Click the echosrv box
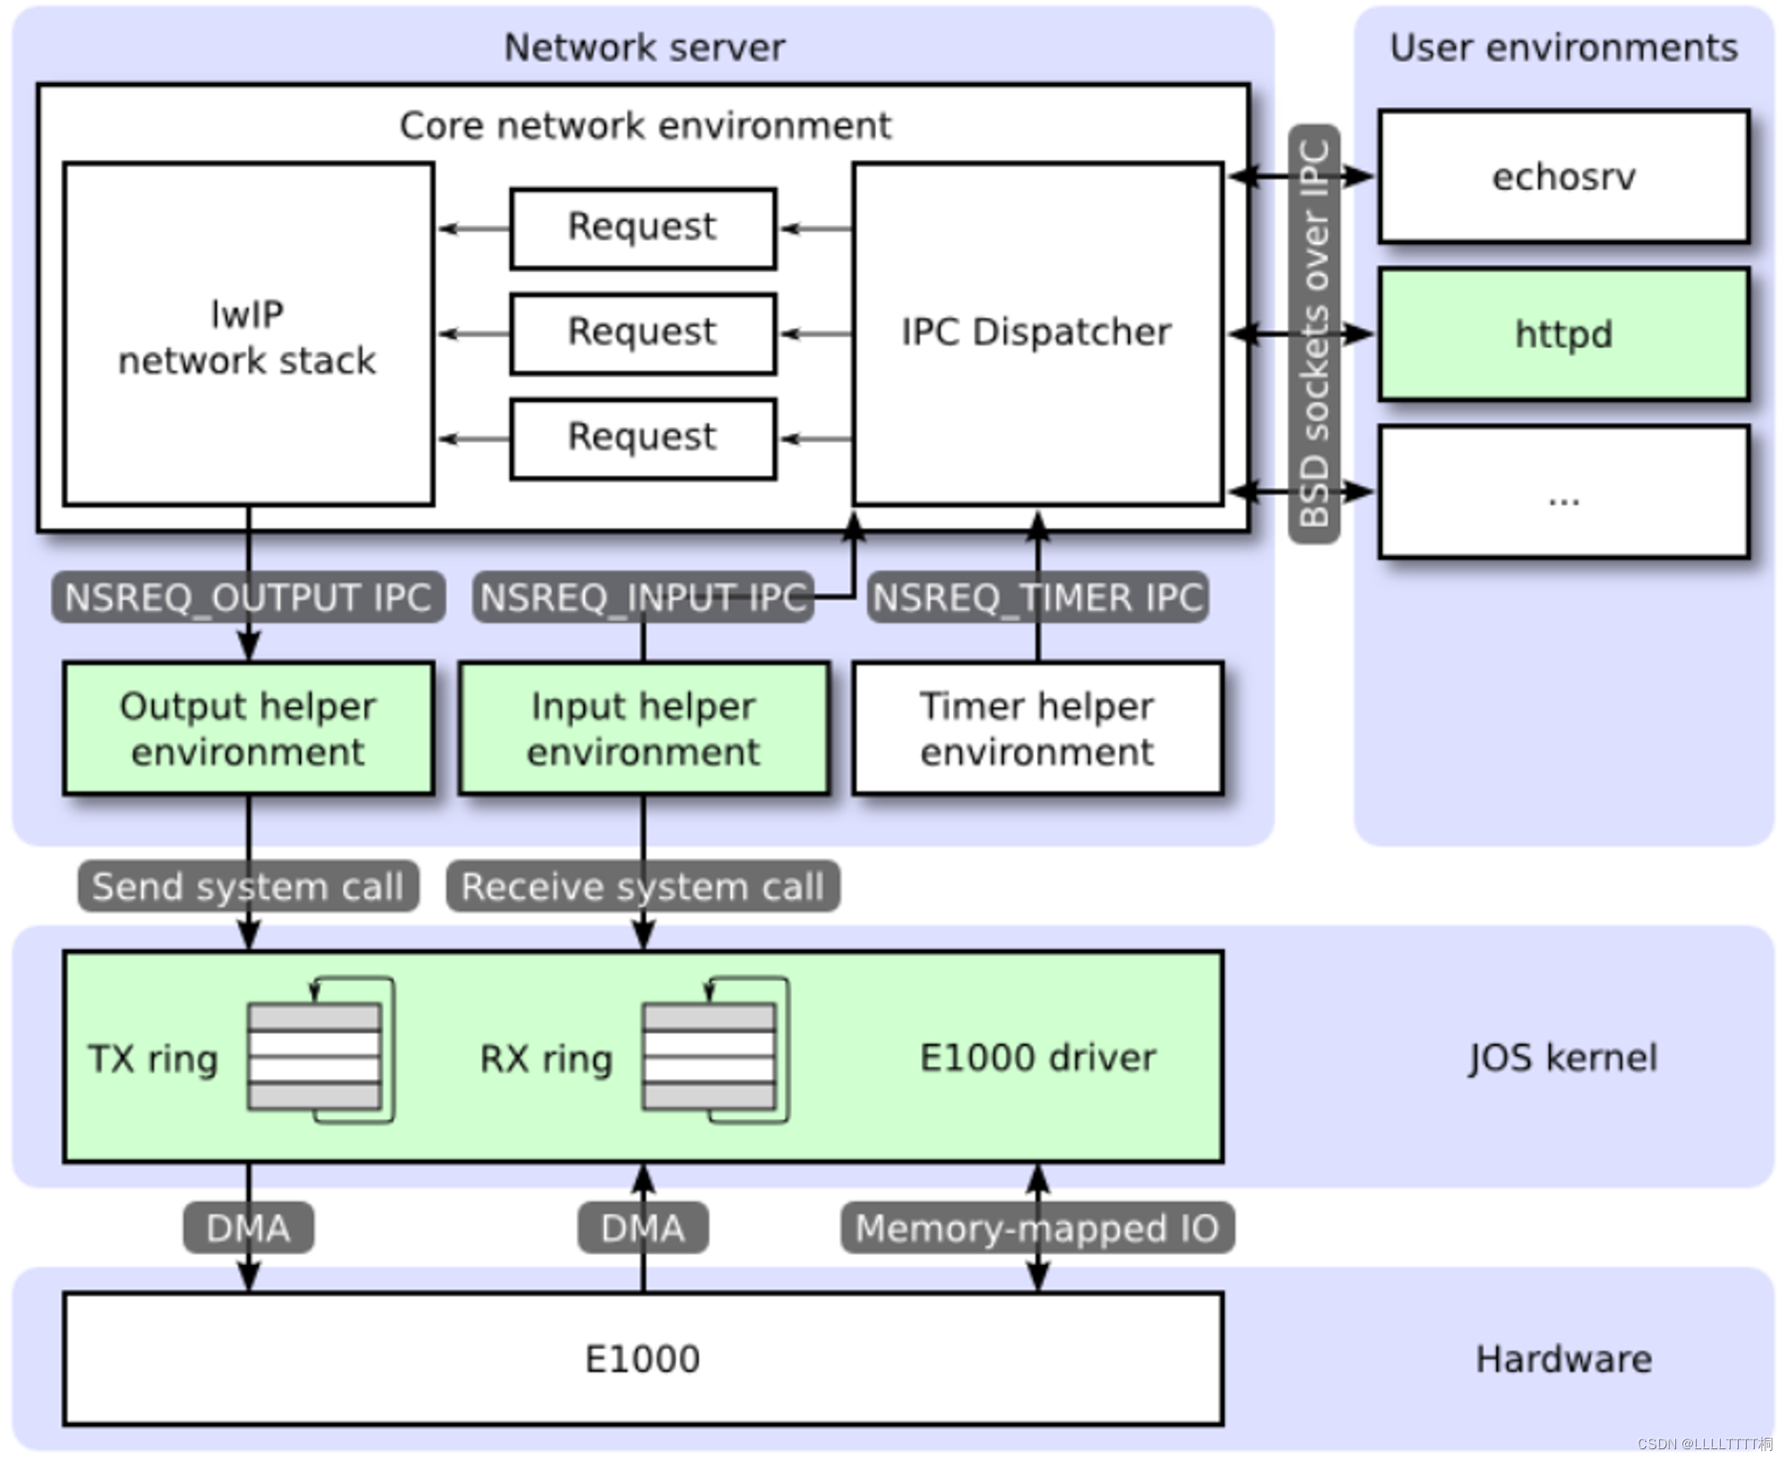point(1563,176)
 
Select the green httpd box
point(1563,334)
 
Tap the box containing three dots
point(1563,492)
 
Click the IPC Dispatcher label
point(1036,332)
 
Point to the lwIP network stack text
point(247,338)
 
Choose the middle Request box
point(643,333)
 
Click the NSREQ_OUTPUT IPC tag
point(248,597)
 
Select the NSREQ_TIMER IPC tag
point(1038,597)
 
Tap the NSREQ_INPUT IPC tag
point(643,597)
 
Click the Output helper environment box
point(248,728)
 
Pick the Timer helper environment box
point(1038,728)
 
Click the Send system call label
point(248,886)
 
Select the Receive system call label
point(643,886)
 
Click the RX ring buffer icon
point(715,1050)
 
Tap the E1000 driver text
point(1038,1057)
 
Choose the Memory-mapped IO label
point(1038,1228)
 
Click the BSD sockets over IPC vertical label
point(1314,333)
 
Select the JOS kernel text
point(1563,1057)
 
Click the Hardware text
point(1563,1359)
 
